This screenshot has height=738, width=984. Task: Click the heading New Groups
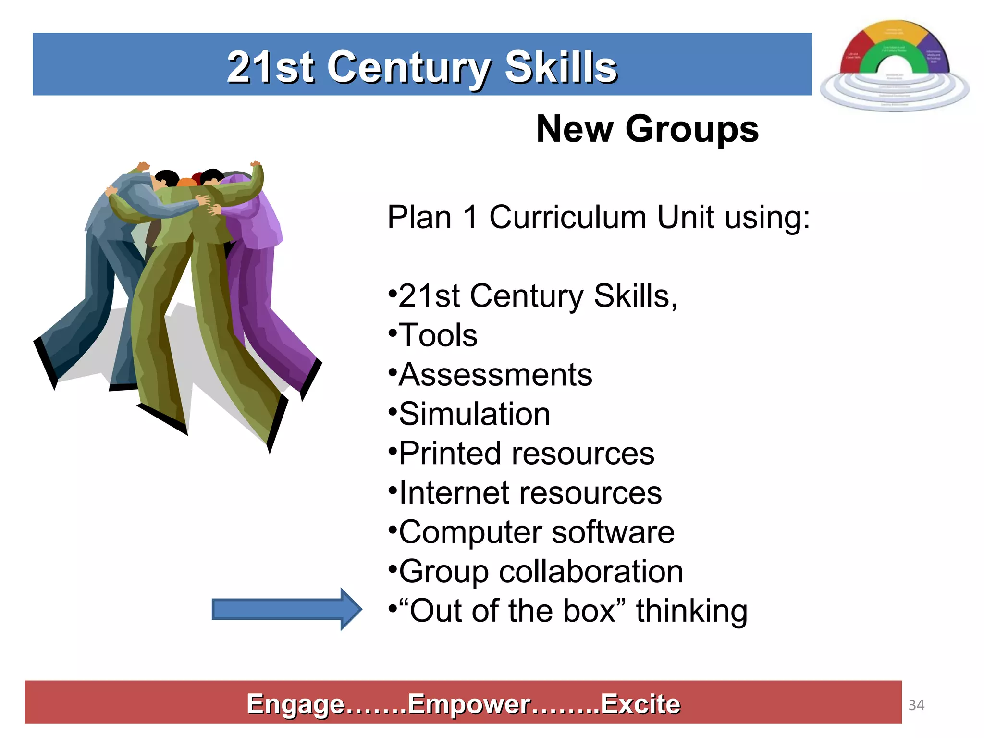[x=647, y=129]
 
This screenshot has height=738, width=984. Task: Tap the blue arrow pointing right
[x=286, y=609]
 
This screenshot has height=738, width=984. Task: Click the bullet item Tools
[x=438, y=335]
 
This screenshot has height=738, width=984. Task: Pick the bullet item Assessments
[x=495, y=374]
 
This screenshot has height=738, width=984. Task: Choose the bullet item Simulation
[x=474, y=414]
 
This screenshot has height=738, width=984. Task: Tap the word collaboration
[x=591, y=571]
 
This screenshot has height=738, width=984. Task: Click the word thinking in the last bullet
[x=691, y=611]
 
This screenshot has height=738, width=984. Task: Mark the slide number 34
[x=916, y=705]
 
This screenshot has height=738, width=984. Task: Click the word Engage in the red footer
[x=295, y=704]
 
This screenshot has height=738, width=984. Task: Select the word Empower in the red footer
[x=469, y=704]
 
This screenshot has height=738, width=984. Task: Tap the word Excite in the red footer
[x=640, y=704]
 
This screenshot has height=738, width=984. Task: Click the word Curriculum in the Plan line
[x=569, y=217]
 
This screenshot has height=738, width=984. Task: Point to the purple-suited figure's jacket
[x=257, y=221]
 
